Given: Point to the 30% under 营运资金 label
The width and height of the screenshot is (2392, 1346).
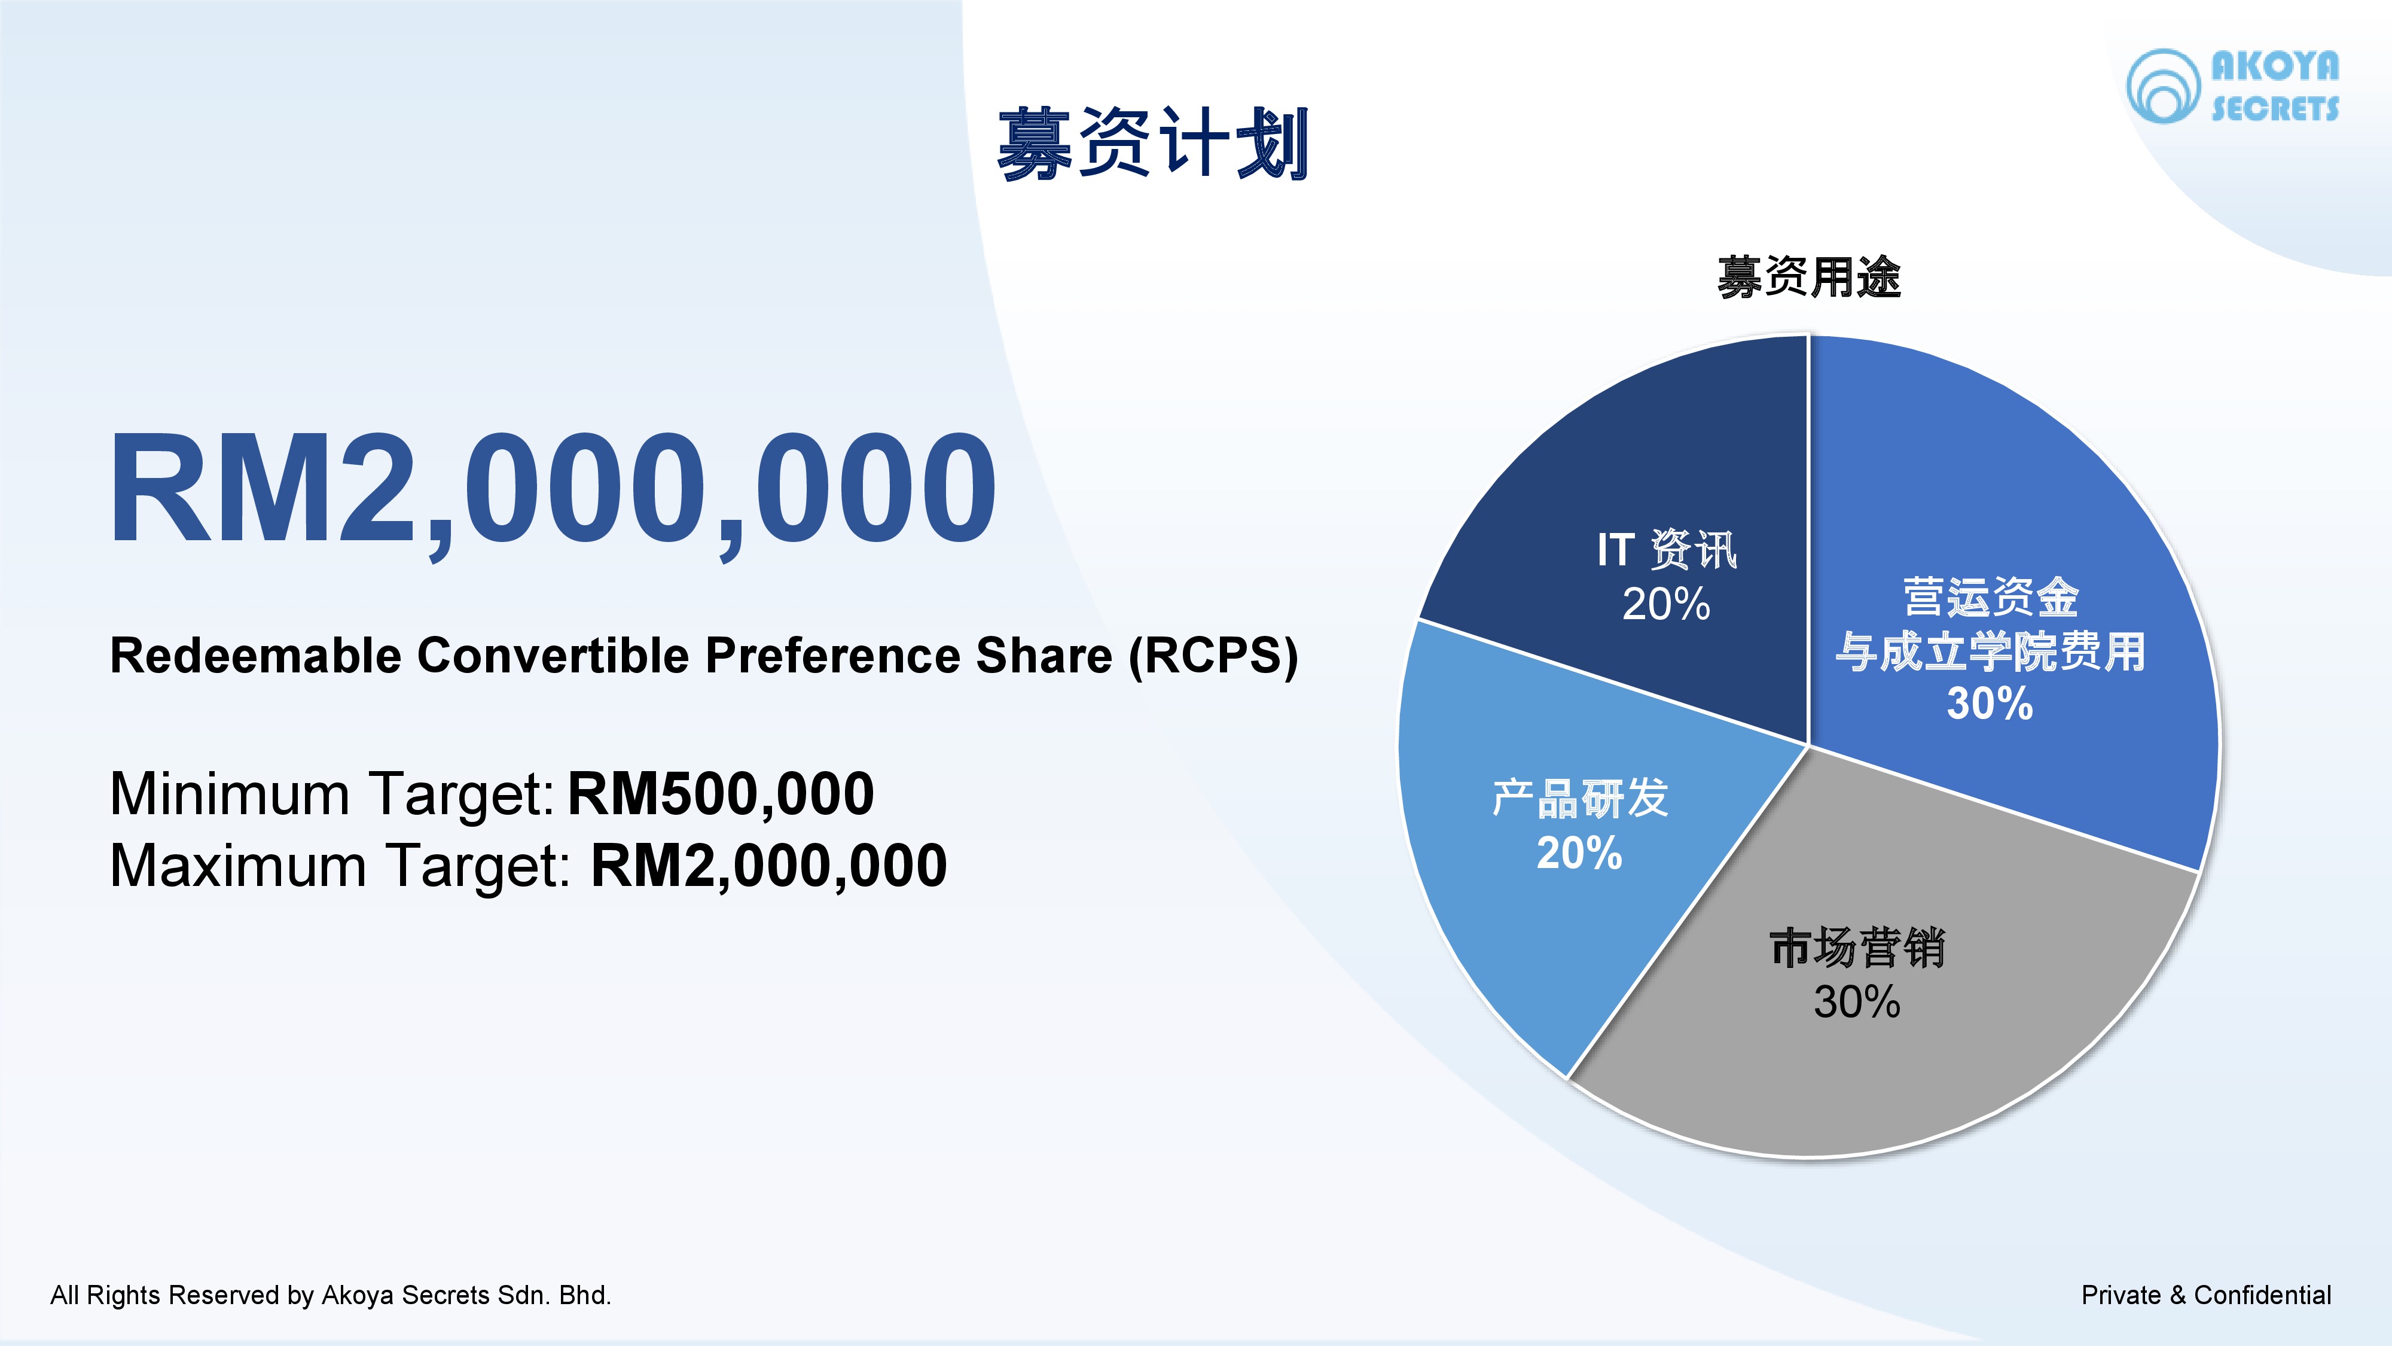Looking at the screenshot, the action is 1990,703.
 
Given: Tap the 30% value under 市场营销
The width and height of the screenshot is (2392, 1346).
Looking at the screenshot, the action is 1857,1001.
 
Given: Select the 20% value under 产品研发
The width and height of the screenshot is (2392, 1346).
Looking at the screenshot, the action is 1579,852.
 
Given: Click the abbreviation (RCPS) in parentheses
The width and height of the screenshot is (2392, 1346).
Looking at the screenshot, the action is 1214,656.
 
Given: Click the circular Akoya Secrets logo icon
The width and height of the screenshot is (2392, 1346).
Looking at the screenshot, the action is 2162,86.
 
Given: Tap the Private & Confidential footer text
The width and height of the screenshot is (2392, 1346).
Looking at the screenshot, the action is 2206,1295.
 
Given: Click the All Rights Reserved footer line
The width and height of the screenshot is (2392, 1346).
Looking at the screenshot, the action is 331,1295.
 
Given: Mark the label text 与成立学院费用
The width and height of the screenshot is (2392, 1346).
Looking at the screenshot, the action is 1990,651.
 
